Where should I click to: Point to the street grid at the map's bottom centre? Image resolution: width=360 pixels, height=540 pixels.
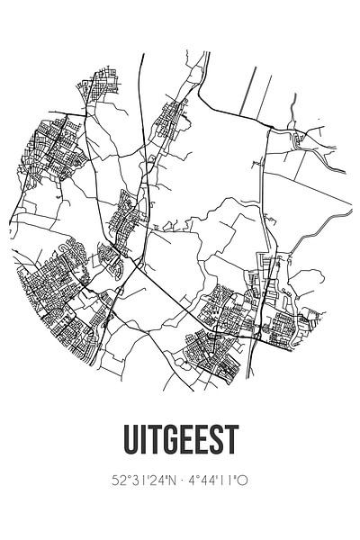click(211, 346)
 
